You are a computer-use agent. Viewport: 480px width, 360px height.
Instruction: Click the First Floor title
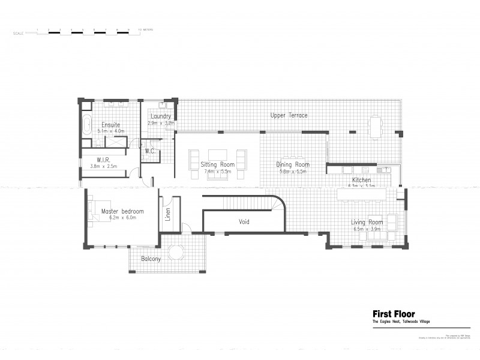[394, 314]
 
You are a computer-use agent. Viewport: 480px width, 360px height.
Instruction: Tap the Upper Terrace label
[289, 115]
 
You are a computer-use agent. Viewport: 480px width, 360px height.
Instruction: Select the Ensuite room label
[110, 125]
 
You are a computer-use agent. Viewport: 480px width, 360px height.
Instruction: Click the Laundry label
[161, 116]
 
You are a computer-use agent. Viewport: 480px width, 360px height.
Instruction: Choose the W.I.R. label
[103, 160]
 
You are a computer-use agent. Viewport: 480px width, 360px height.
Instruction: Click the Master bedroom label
[122, 211]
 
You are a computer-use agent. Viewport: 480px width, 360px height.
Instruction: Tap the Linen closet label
[168, 214]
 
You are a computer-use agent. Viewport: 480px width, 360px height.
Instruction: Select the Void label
[244, 222]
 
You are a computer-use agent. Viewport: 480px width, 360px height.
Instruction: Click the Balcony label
[151, 259]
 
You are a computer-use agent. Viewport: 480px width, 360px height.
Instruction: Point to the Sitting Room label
[217, 164]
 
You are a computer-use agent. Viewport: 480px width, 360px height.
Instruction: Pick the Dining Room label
[293, 164]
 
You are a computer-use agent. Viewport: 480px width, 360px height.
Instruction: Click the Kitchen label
[361, 180]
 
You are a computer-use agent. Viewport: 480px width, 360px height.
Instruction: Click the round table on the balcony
[176, 253]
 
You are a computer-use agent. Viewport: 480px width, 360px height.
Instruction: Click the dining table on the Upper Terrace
[376, 126]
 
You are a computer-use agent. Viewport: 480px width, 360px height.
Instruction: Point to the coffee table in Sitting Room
[217, 154]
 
